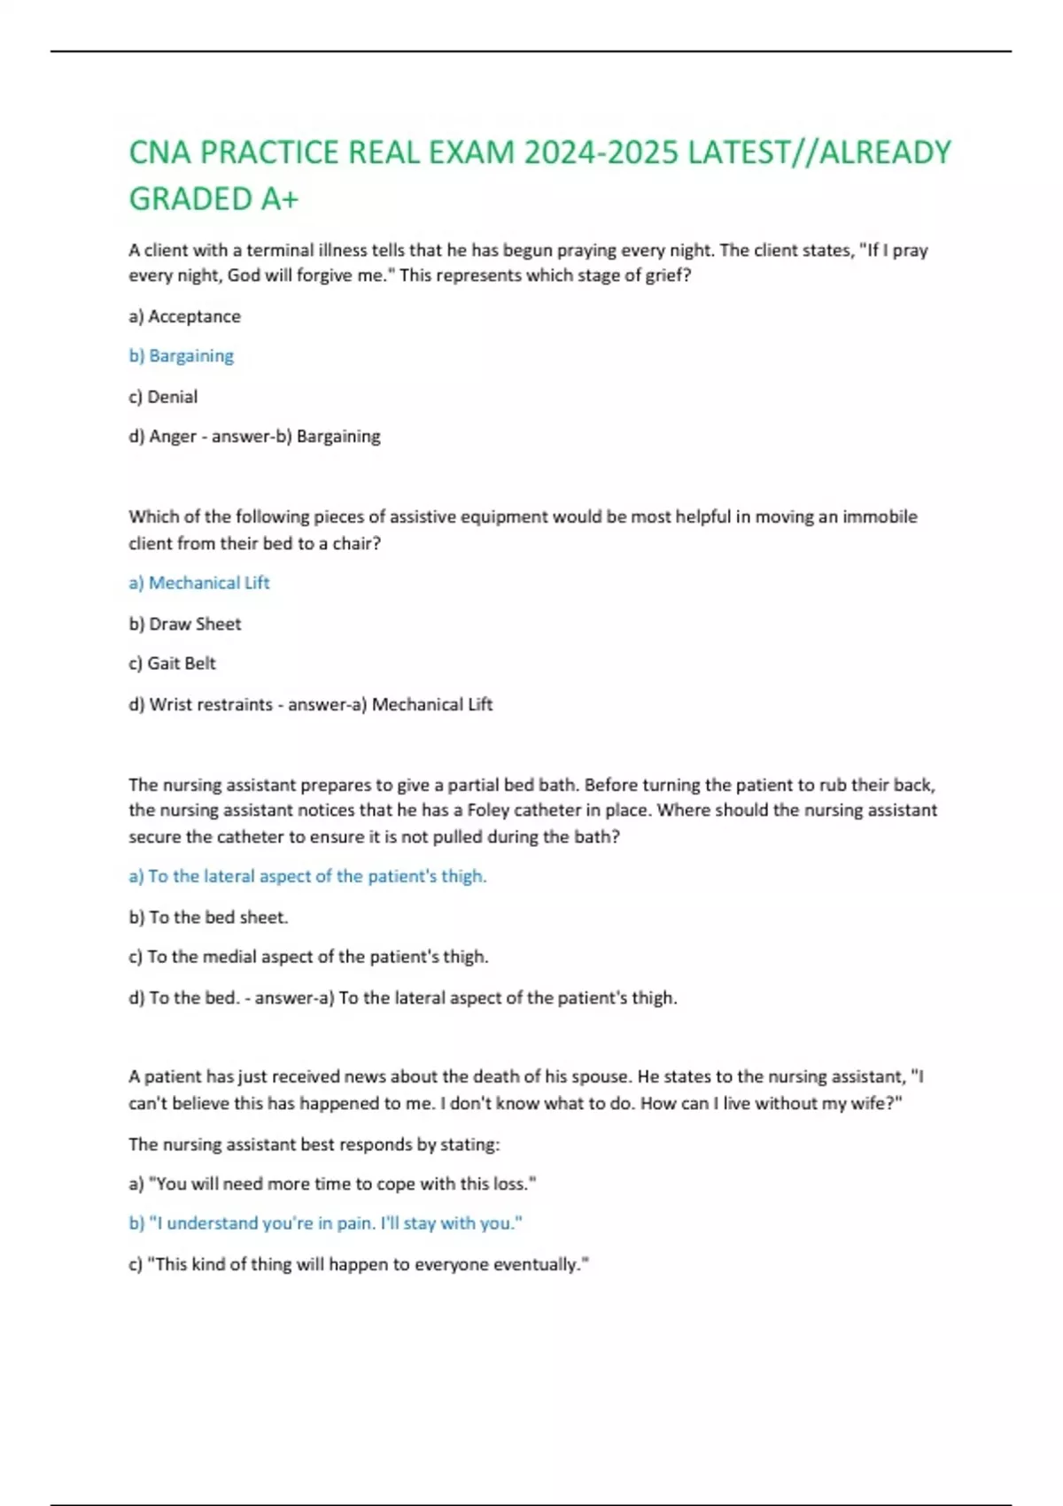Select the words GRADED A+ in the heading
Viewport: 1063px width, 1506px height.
213,199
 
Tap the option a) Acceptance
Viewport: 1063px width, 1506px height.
184,316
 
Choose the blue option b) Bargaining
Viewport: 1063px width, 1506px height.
182,356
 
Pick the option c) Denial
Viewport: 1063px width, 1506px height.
163,397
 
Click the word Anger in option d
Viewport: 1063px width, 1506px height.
173,436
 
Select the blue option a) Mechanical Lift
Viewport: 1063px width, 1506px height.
199,583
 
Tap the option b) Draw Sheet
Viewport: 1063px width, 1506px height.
184,624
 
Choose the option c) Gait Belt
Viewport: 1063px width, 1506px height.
172,664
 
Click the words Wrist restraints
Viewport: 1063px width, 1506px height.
211,704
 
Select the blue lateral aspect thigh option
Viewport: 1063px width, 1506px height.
307,876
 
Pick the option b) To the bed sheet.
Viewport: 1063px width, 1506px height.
208,917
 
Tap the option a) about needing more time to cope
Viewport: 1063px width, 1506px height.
332,1184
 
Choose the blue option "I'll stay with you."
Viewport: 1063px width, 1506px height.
325,1223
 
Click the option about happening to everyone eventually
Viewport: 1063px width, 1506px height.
359,1264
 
